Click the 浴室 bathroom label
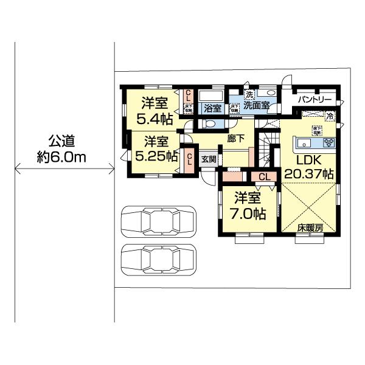click(212, 109)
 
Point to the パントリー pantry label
click(315, 99)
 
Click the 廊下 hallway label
click(236, 139)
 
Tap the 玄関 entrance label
click(209, 159)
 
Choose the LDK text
click(308, 161)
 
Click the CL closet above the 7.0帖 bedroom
click(264, 176)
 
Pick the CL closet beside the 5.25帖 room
click(189, 159)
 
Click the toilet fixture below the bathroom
click(210, 123)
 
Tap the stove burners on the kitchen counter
click(328, 144)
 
